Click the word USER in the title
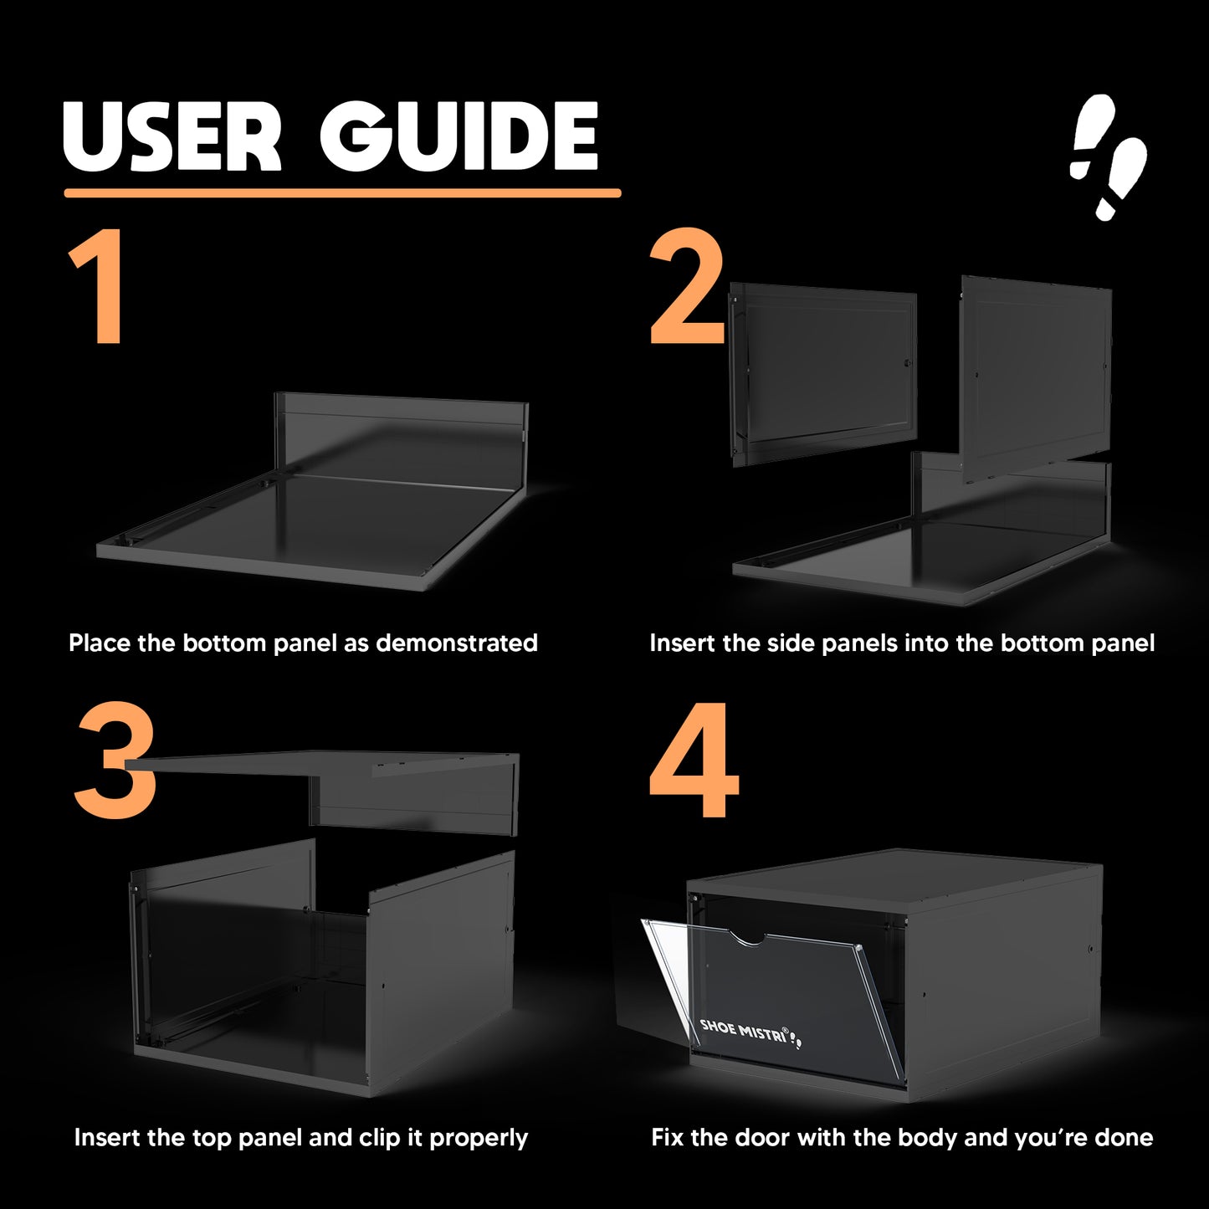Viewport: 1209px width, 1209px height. (x=172, y=136)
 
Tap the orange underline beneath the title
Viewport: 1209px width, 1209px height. (x=342, y=193)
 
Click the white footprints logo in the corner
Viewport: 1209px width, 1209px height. (x=1108, y=158)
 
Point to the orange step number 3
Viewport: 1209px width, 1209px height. (x=115, y=761)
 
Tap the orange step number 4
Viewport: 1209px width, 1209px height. (x=694, y=760)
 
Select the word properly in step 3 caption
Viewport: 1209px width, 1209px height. (x=479, y=1139)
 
